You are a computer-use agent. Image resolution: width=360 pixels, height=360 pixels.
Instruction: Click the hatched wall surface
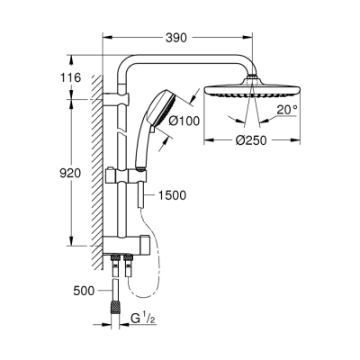pyautogui.click(x=94, y=162)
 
